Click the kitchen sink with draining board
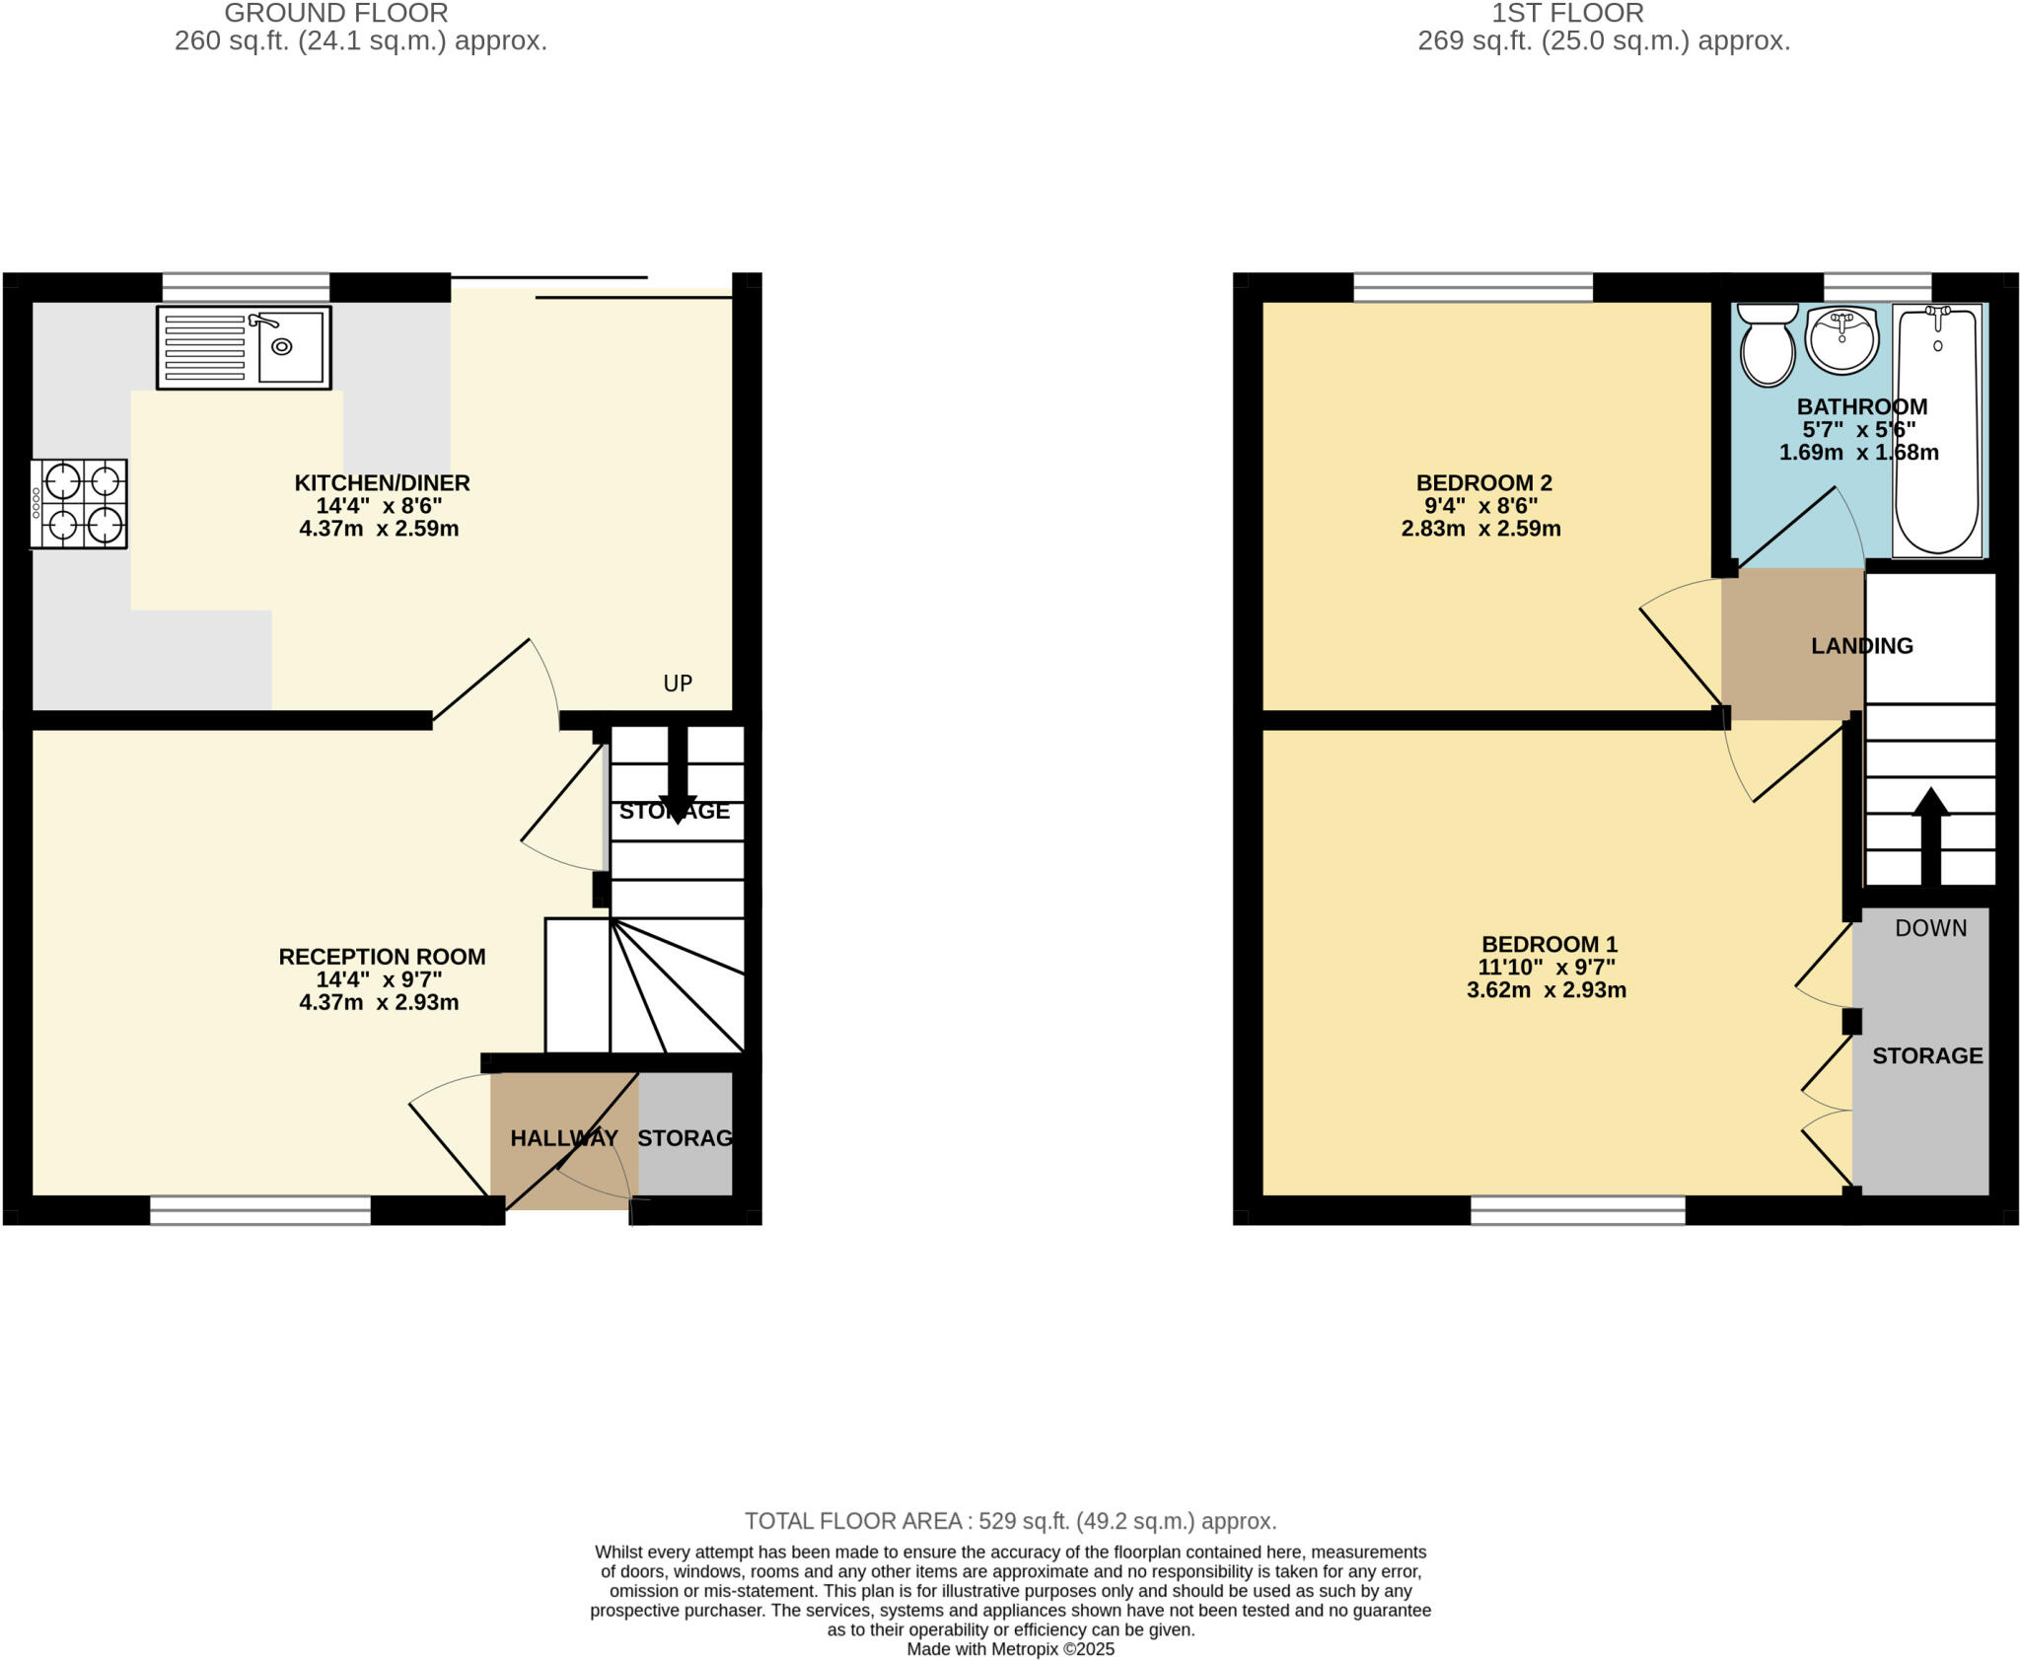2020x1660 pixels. coord(244,347)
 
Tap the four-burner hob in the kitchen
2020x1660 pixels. coord(79,503)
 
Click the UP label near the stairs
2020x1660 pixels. coord(678,684)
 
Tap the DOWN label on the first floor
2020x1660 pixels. coord(1930,928)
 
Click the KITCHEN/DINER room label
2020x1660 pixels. coord(382,483)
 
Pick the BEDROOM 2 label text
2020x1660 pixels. coord(1483,483)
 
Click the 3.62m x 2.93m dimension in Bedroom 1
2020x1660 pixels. coord(1546,990)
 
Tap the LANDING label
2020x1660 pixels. coord(1861,646)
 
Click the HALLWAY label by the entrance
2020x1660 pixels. coord(563,1138)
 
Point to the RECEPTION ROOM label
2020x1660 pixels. coord(382,957)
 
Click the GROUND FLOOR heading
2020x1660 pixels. coord(335,14)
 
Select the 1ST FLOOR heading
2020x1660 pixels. coord(1566,14)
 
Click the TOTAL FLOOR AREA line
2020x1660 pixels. coord(1010,1521)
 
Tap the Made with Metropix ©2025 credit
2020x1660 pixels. coord(1010,1649)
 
